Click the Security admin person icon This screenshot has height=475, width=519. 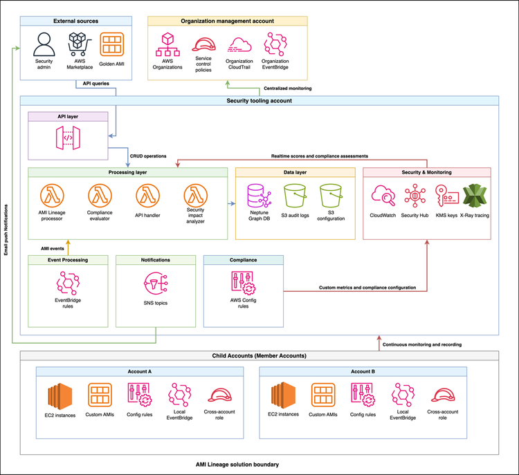pos(44,45)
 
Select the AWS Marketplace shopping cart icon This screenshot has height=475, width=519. pos(78,45)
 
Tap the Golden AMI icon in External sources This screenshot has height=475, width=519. pos(111,45)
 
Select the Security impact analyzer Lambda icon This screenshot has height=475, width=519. pos(196,195)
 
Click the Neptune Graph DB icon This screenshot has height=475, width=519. pos(257,196)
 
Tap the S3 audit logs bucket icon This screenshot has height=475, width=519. pos(295,196)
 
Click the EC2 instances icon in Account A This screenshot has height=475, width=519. pos(60,396)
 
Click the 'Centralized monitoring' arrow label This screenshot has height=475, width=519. pos(287,89)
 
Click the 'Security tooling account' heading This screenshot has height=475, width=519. pos(259,101)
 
